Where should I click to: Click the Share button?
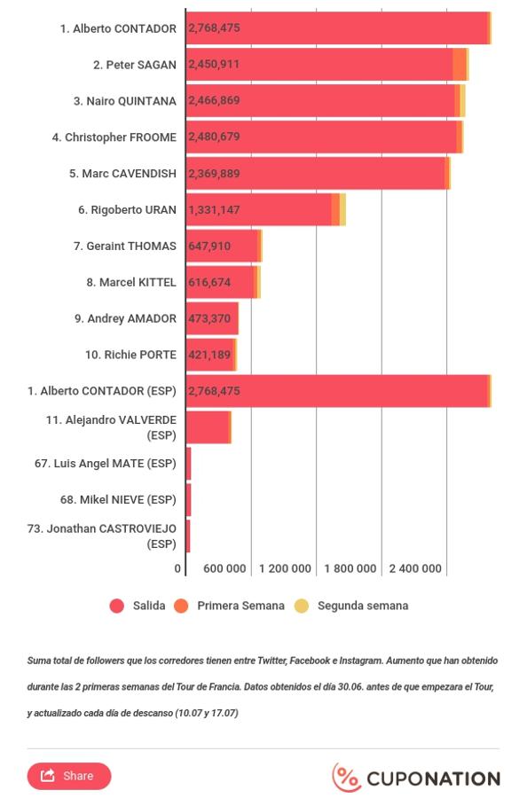point(68,776)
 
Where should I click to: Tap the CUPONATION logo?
point(416,778)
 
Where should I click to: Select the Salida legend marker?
point(116,606)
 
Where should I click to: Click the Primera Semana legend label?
point(240,606)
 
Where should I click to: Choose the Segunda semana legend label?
point(363,606)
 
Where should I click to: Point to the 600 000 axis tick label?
point(224,568)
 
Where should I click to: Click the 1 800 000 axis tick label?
point(350,568)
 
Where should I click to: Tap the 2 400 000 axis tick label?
point(415,568)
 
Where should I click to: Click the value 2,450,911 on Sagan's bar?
point(214,64)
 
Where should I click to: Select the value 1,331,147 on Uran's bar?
point(214,209)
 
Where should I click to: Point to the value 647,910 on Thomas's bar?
point(209,246)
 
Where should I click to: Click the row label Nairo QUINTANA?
point(125,101)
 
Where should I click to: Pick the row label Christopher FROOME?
point(114,137)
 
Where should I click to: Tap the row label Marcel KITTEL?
point(131,283)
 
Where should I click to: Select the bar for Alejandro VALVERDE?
point(208,427)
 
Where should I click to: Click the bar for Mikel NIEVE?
point(188,500)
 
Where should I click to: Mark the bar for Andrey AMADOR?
point(212,318)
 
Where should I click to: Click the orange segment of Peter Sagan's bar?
point(460,65)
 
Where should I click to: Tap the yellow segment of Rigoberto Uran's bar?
point(342,209)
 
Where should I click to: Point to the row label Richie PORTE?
point(130,355)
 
